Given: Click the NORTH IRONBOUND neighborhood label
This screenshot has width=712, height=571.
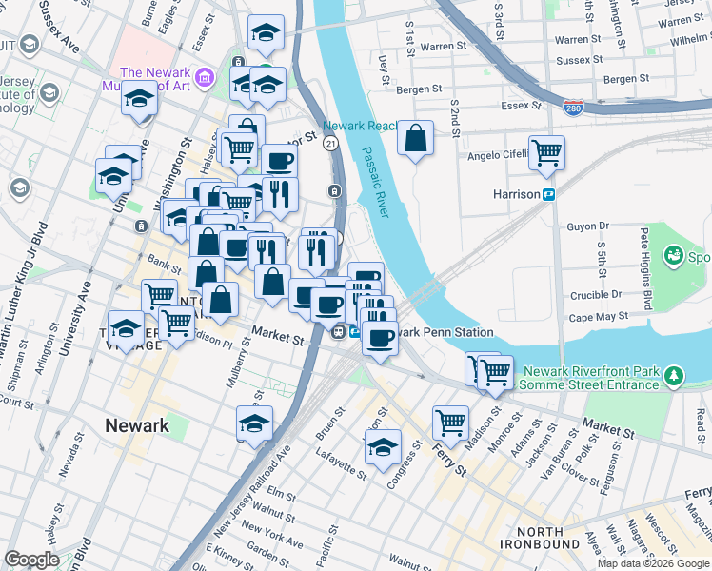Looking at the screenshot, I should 547,538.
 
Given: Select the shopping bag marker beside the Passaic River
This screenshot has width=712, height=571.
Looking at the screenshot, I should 416,139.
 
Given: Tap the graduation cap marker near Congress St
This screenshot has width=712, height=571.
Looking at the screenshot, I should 383,446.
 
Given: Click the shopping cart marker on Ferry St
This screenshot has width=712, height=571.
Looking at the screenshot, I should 450,421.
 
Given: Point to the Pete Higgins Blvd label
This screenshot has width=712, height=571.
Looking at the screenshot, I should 646,268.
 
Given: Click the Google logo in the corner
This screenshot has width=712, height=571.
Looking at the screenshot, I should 31,560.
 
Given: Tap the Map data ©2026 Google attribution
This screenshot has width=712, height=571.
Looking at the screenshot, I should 653,563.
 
